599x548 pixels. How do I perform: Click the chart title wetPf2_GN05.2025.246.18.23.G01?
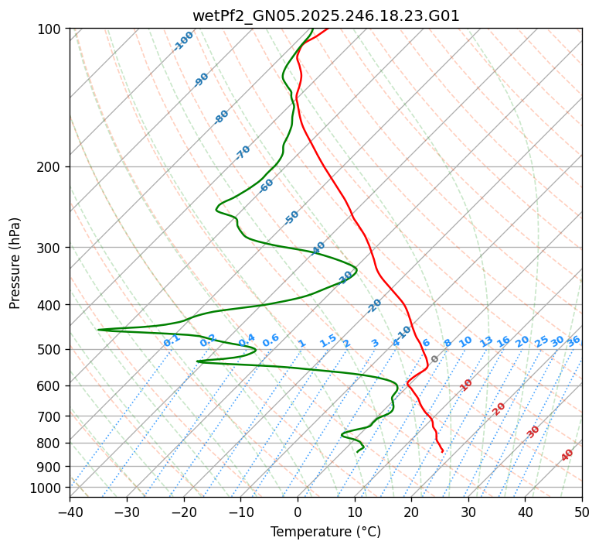click(325, 15)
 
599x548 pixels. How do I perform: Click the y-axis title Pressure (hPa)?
click(15, 263)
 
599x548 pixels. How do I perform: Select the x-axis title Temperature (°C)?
click(325, 532)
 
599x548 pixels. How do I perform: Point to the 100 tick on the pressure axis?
click(51, 29)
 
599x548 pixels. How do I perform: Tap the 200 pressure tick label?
click(51, 167)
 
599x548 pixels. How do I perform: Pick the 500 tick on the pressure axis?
click(51, 350)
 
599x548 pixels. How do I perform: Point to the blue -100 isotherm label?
click(184, 41)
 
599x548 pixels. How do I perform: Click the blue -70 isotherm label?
click(243, 152)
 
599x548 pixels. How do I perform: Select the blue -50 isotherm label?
click(291, 217)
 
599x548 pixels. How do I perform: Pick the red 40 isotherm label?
click(567, 455)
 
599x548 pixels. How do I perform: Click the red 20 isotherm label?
click(499, 409)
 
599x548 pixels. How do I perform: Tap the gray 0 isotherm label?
click(435, 359)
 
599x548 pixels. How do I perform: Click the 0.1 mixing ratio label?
click(172, 340)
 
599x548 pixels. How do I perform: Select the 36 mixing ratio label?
click(573, 341)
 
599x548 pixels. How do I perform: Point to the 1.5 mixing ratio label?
click(328, 340)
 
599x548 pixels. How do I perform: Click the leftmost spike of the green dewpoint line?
click(98, 330)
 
